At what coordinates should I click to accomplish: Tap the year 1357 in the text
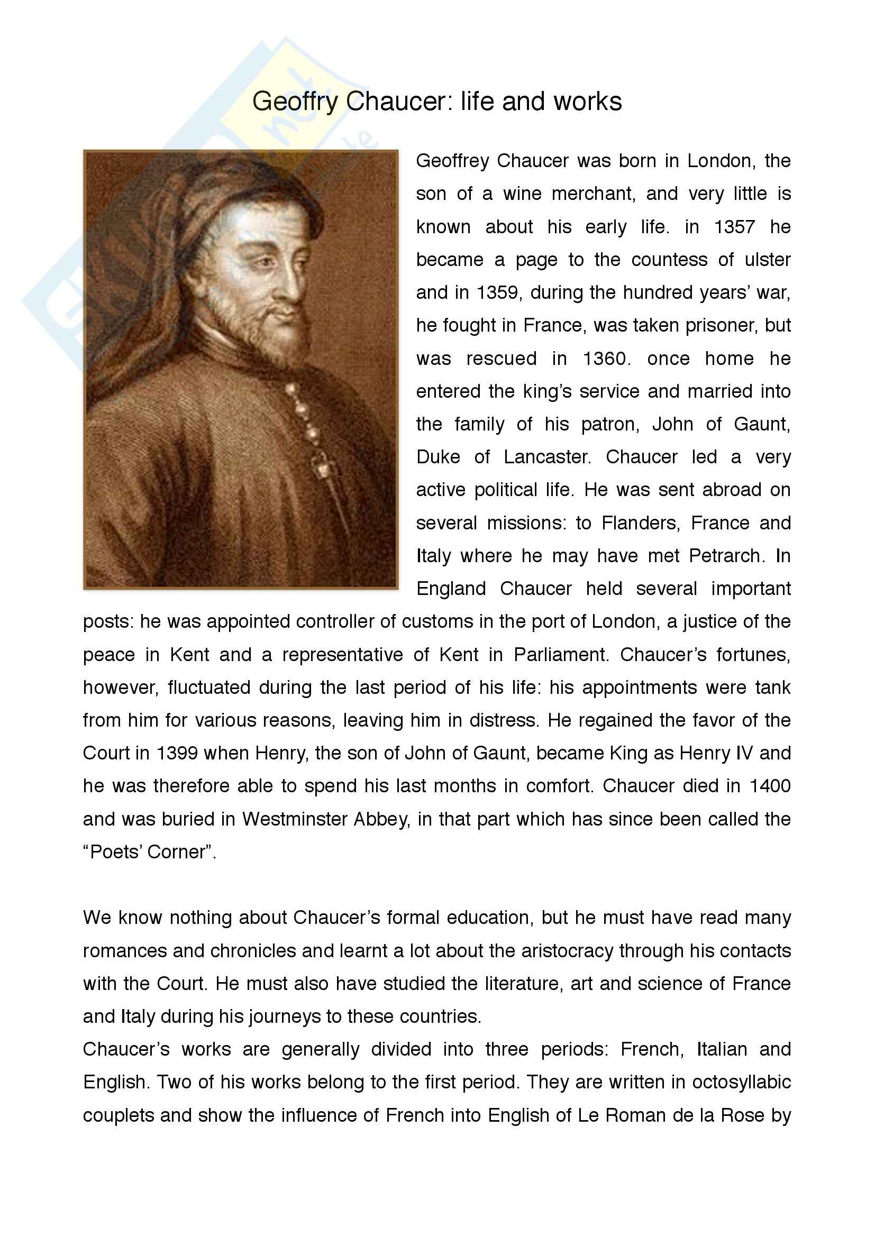(734, 227)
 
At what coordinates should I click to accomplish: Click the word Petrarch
(726, 556)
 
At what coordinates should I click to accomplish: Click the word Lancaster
(546, 457)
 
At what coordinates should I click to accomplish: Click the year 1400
(769, 786)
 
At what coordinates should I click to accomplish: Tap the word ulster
(767, 260)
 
